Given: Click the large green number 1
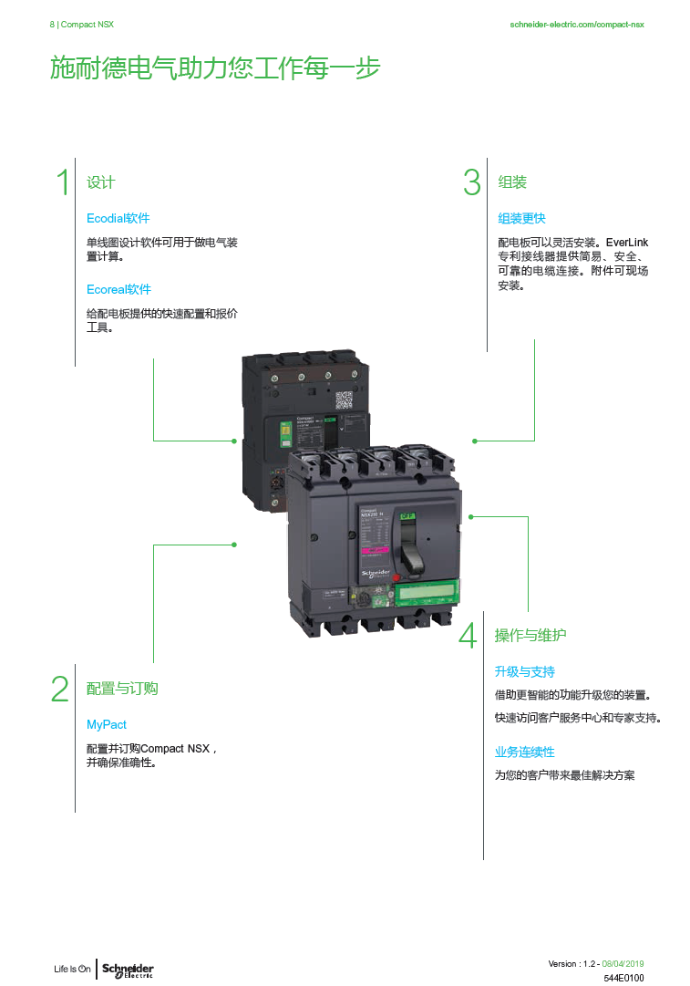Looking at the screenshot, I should tap(63, 182).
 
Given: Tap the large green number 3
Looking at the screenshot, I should tap(471, 182).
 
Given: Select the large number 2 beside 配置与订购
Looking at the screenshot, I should tap(60, 689).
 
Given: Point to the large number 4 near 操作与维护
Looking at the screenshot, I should tap(468, 636).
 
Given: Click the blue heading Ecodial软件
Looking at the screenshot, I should tap(118, 219).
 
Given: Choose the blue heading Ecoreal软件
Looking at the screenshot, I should tap(118, 290).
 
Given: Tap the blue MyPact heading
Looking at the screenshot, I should tap(107, 725).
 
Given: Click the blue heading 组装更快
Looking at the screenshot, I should tap(521, 219).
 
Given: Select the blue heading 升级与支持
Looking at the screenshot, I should tap(524, 672).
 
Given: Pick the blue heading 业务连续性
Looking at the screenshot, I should tap(524, 752).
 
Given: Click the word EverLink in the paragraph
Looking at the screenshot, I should tap(627, 243).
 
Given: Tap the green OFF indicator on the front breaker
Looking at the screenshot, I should tap(407, 516).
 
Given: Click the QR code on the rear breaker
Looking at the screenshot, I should tap(344, 400).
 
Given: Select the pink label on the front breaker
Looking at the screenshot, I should tap(375, 551).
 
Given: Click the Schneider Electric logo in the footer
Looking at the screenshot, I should tap(127, 969).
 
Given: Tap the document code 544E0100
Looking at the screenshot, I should tap(623, 978).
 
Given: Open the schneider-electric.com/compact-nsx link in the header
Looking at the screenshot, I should tap(576, 25).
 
